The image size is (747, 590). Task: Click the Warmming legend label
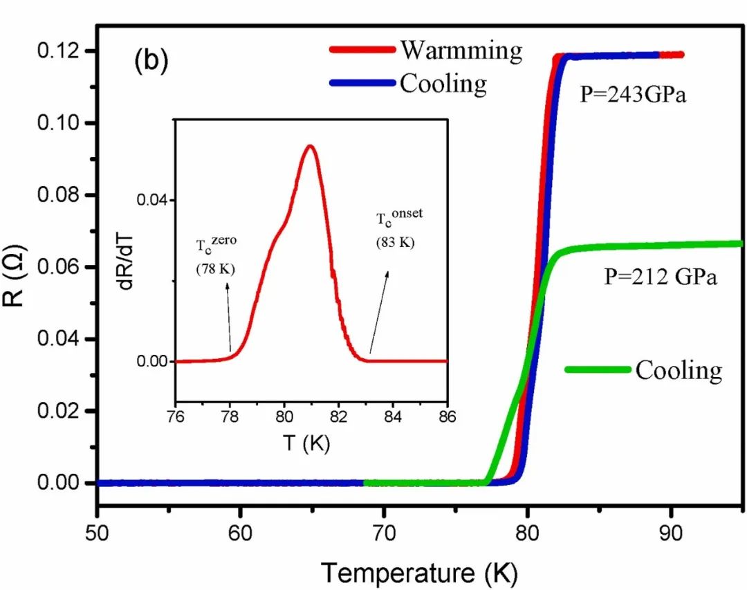[461, 50]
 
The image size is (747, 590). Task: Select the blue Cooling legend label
[443, 84]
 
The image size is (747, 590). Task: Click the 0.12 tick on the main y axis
[66, 51]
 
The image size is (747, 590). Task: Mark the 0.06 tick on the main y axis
[66, 267]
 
